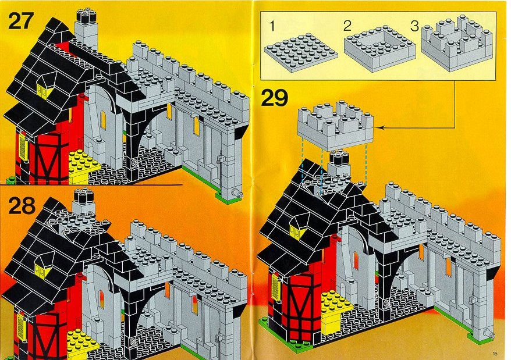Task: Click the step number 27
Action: tap(21, 21)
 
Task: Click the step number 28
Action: tap(22, 206)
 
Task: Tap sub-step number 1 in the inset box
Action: tap(272, 26)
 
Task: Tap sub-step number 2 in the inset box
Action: tap(347, 26)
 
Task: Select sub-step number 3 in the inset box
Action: tap(414, 26)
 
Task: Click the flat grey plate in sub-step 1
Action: tap(300, 51)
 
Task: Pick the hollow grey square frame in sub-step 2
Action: tap(379, 48)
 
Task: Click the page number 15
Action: tap(495, 353)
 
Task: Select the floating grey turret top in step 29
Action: tap(336, 126)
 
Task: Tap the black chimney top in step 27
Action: tap(84, 16)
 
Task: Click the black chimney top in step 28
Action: tap(84, 197)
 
